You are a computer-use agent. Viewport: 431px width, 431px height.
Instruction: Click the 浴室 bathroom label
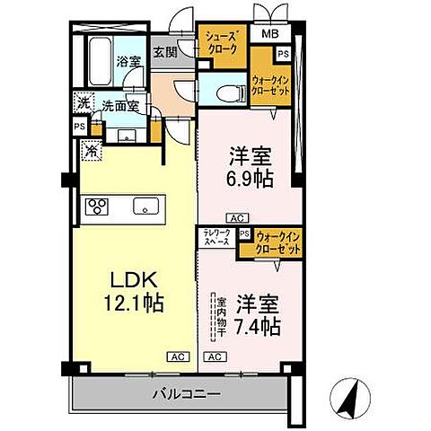click(x=128, y=61)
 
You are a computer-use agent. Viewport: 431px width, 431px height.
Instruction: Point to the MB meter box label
click(x=269, y=35)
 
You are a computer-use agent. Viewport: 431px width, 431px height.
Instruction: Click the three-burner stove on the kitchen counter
click(x=97, y=207)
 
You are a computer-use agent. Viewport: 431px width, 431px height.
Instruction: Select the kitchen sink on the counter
click(x=144, y=207)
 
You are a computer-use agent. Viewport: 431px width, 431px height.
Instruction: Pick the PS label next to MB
click(x=284, y=54)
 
